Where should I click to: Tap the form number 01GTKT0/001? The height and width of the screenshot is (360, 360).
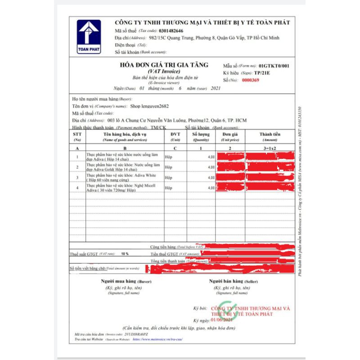pyautogui.click(x=274, y=66)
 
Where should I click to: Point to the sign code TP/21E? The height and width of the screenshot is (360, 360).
pyautogui.click(x=263, y=72)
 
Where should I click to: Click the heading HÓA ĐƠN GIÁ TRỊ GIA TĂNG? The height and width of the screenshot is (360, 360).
pyautogui.click(x=164, y=65)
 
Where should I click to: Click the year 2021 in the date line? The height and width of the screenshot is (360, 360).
pyautogui.click(x=216, y=88)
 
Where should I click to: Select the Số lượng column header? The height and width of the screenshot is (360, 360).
pyautogui.click(x=200, y=134)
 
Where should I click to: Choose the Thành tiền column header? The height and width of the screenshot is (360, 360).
pyautogui.click(x=270, y=134)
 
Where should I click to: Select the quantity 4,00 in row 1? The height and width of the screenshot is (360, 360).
pyautogui.click(x=211, y=157)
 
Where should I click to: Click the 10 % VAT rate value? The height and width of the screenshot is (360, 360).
pyautogui.click(x=125, y=254)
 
